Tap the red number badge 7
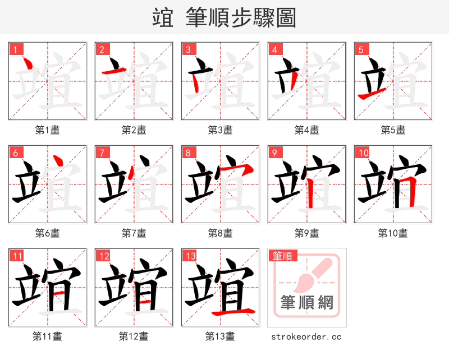[102, 153]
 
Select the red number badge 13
[190, 256]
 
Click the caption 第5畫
[393, 130]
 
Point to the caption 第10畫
[393, 233]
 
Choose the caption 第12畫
[134, 336]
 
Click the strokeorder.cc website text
[306, 337]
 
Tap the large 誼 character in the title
[163, 18]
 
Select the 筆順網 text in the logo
[307, 303]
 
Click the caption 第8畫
[220, 233]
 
